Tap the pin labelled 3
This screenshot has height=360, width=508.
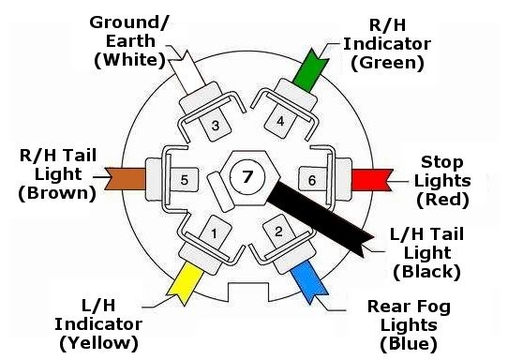[215, 126]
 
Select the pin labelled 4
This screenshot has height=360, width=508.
[279, 121]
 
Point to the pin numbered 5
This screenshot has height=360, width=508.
[185, 178]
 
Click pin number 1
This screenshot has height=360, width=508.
[215, 232]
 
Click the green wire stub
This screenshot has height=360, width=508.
[306, 63]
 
